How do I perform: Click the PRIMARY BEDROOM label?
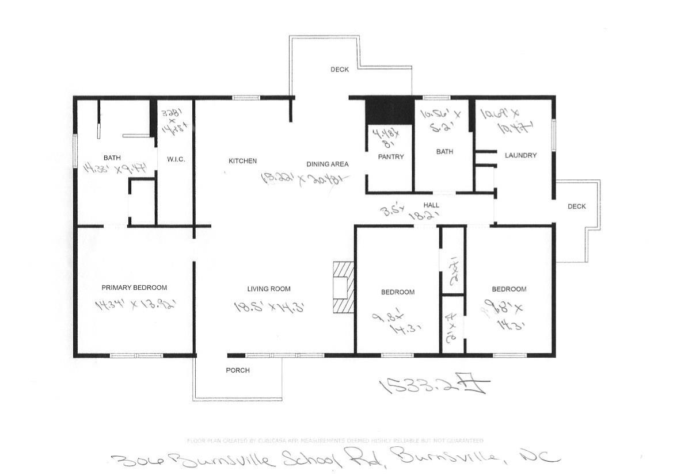coord(134,288)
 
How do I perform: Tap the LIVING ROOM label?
coord(269,289)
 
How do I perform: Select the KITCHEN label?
coord(242,161)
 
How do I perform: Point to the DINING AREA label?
coord(327,164)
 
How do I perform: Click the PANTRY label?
coord(391,156)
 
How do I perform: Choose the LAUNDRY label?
coord(520,155)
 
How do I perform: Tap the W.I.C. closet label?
coord(176,159)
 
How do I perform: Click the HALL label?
coord(431,205)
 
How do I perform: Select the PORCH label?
coord(237,370)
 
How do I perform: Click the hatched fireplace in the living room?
coord(344,287)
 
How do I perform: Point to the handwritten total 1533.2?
coord(431,386)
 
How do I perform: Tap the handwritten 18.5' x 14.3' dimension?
coord(269,307)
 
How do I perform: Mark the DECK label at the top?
coord(340,70)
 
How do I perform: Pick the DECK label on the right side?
coord(576,206)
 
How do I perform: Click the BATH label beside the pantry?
coord(444,152)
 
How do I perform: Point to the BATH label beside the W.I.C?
coord(112,158)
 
